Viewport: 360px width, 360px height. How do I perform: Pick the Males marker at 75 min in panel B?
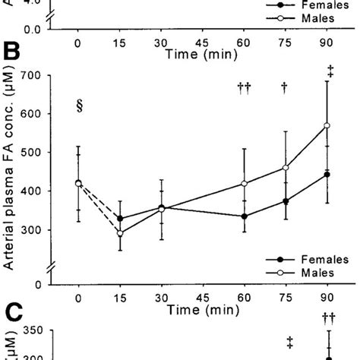(x=285, y=168)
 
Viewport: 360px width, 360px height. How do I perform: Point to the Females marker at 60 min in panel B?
(x=244, y=216)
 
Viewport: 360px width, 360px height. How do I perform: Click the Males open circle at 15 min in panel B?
(x=120, y=233)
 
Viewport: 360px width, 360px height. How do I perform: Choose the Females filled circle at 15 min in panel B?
(x=120, y=219)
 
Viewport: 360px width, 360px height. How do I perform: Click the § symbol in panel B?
(x=79, y=106)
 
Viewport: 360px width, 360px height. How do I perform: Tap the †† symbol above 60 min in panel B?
(x=244, y=88)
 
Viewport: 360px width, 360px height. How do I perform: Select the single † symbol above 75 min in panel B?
(x=285, y=88)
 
